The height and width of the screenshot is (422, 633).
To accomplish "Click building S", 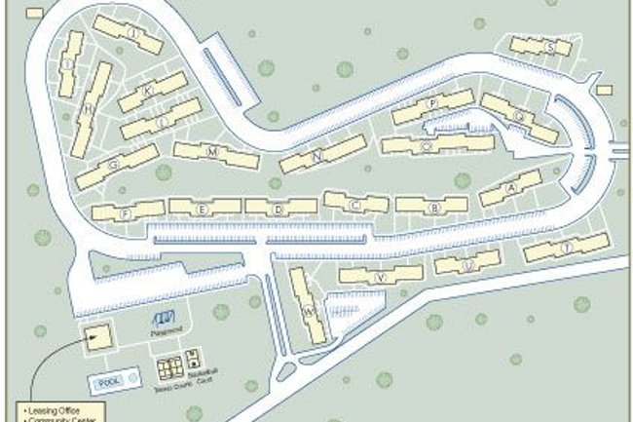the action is (551, 47).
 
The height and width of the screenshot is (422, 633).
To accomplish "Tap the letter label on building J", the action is (130, 35).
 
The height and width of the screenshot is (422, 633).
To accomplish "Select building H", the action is (89, 108).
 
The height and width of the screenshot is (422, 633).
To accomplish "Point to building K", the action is (148, 91).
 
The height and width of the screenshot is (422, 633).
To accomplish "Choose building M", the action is (212, 152).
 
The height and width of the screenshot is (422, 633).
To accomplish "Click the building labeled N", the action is (317, 156).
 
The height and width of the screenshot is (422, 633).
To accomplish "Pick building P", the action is (431, 103).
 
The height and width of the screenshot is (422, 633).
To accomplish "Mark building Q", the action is (520, 117).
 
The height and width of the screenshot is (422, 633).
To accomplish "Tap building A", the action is (511, 188).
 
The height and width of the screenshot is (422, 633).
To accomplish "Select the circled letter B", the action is (435, 208).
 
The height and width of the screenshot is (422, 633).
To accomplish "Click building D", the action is (279, 208).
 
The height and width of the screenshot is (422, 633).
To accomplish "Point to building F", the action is (126, 211).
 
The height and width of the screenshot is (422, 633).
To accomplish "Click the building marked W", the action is (309, 312).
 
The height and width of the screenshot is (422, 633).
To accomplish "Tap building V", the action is (382, 277).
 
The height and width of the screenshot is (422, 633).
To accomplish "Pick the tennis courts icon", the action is (169, 368).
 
